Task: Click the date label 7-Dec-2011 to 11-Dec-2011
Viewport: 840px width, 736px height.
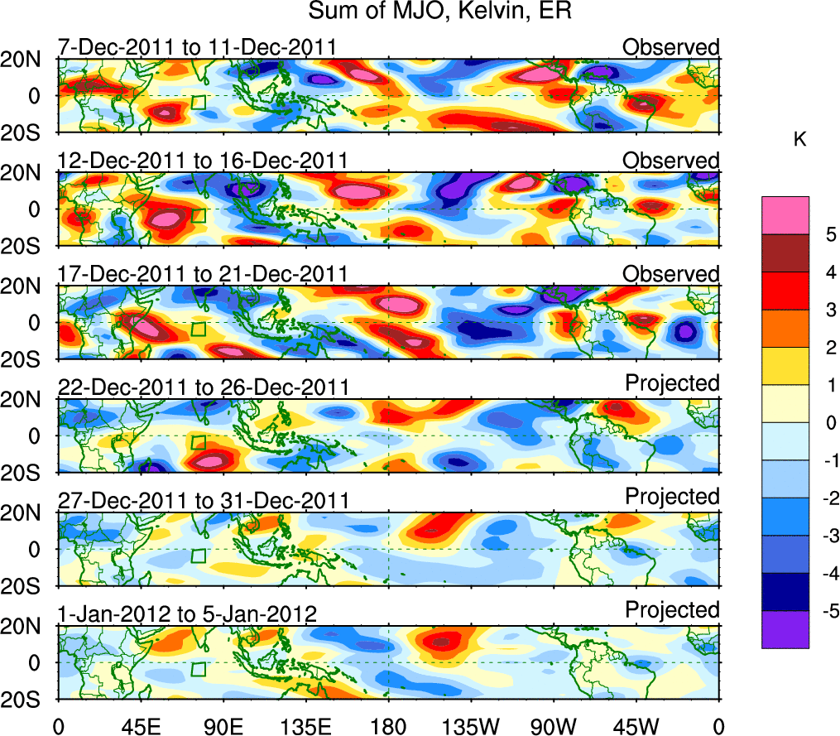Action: [197, 47]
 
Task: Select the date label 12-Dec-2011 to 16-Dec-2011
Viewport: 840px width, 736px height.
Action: [202, 161]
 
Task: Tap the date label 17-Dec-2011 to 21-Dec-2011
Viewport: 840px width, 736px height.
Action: [202, 274]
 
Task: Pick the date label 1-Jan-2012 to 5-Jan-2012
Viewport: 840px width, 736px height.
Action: [187, 614]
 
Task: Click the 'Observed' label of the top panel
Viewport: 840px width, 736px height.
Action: [671, 47]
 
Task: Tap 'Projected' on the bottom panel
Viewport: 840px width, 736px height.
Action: [672, 610]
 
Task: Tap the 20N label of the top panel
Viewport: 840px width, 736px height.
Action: [27, 60]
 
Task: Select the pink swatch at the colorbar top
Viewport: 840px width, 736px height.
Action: [785, 215]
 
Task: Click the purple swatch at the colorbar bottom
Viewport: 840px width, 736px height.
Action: [785, 629]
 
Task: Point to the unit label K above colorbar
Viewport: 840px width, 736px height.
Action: [800, 141]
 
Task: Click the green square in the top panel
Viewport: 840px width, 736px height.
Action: [199, 102]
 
